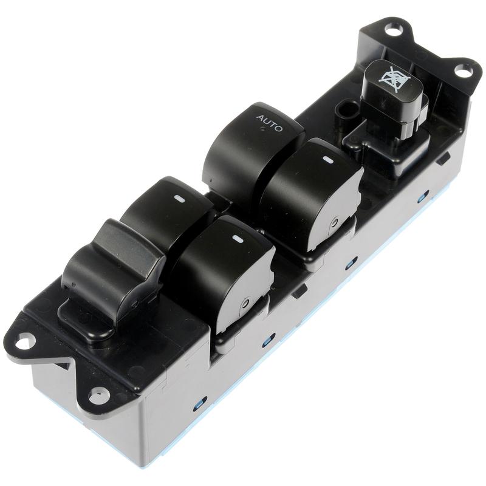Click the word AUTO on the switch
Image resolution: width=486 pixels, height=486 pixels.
pos(270,123)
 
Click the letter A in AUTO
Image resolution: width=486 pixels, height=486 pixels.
pos(259,118)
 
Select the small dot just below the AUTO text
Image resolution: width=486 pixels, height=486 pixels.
pos(262,129)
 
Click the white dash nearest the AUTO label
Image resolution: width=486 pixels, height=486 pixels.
pos(327,160)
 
